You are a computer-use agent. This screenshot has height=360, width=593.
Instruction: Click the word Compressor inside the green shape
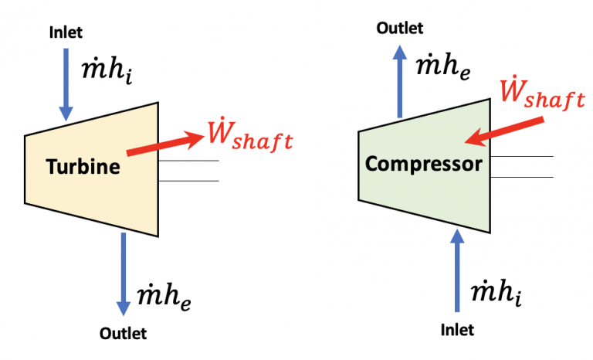click(x=424, y=164)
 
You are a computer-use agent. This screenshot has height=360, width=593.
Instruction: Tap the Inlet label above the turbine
click(x=65, y=32)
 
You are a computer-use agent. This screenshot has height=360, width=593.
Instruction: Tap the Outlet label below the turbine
click(x=123, y=334)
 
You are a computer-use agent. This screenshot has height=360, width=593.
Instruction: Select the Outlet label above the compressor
click(x=399, y=28)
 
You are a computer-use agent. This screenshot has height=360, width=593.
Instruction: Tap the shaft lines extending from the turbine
click(x=189, y=171)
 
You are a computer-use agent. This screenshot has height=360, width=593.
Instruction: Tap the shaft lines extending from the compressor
click(x=522, y=166)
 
